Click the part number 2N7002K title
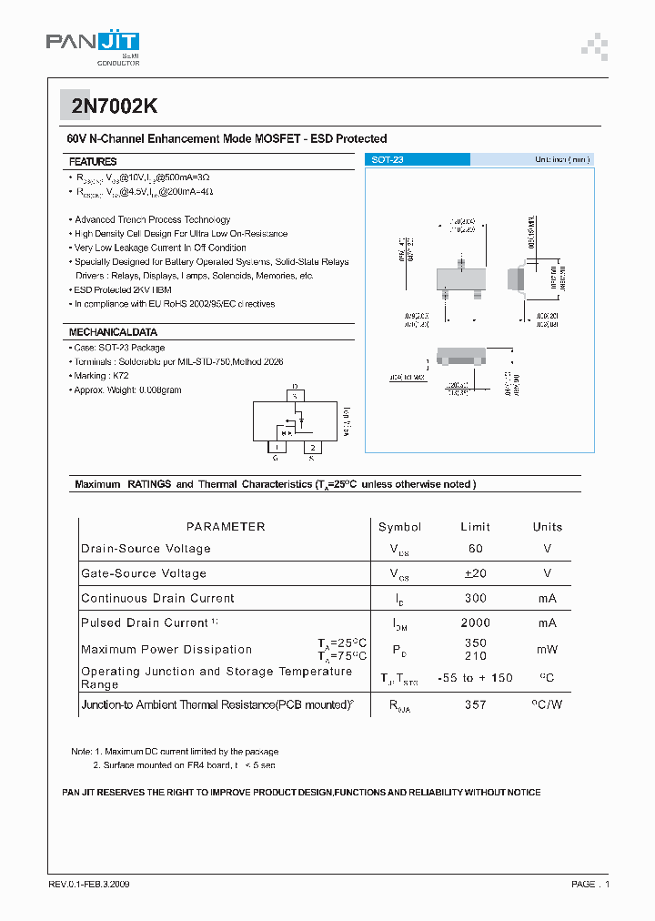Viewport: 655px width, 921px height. (x=115, y=106)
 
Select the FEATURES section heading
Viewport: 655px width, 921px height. (x=93, y=161)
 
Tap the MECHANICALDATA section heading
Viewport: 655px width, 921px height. (x=113, y=332)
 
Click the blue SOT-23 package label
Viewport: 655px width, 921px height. (x=388, y=159)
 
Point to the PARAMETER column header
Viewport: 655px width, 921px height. (x=226, y=527)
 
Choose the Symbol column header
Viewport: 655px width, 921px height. (x=399, y=527)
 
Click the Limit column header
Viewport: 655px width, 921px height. (x=475, y=527)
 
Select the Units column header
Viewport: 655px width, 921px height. (x=547, y=527)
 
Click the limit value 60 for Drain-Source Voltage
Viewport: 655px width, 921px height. (x=475, y=549)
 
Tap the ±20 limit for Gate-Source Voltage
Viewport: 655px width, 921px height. (x=475, y=573)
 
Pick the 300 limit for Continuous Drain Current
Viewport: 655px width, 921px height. (x=475, y=598)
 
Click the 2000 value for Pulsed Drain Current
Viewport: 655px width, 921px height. (x=475, y=622)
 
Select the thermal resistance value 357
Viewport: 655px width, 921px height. (x=475, y=704)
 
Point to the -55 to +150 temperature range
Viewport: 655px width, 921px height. (x=475, y=678)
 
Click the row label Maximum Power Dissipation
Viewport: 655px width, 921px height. (x=166, y=650)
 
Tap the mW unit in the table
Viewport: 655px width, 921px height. (x=547, y=650)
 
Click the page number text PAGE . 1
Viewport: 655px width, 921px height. (x=590, y=885)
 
